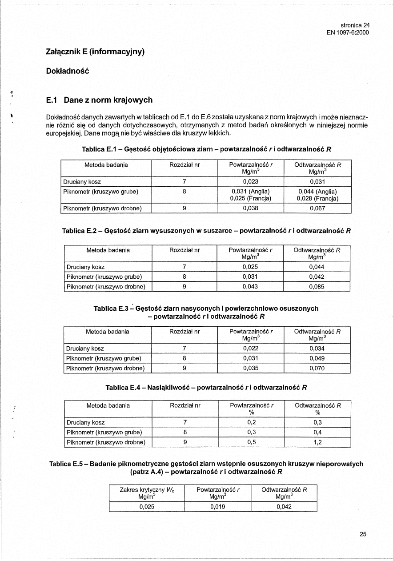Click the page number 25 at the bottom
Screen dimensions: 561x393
363,534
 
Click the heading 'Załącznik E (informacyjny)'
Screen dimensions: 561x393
96,52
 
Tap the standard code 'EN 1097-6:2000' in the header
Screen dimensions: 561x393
348,32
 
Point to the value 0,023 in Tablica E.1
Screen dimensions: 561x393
250,181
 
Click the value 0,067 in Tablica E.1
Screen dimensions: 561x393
317,208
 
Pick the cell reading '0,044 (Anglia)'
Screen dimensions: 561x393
317,192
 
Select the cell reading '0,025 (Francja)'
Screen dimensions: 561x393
250,198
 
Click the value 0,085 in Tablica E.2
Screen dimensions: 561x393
317,287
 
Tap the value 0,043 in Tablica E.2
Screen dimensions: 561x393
250,287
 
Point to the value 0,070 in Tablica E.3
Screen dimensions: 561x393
317,368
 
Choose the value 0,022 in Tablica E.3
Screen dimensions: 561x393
250,349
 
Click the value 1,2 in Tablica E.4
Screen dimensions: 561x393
317,442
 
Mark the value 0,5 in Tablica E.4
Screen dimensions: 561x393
251,442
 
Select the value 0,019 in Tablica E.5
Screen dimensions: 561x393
218,506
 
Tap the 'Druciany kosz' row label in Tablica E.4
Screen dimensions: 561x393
85,422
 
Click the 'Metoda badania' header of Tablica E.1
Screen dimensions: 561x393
106,165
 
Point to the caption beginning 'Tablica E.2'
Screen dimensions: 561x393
207,231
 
